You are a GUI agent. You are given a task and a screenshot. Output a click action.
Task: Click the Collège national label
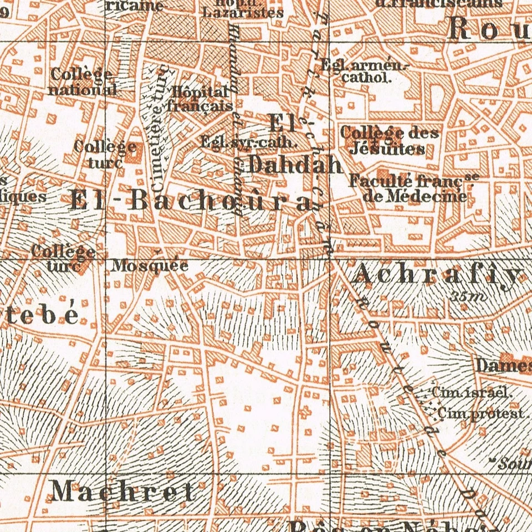pyautogui.click(x=82, y=81)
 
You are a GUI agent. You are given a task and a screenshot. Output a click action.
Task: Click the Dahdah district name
pyautogui.click(x=294, y=165)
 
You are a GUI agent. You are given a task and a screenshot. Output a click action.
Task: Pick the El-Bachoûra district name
pyautogui.click(x=188, y=201)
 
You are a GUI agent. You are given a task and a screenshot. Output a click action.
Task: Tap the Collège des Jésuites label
pyautogui.click(x=389, y=141)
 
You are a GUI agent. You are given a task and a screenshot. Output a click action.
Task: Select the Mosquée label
pyautogui.click(x=150, y=266)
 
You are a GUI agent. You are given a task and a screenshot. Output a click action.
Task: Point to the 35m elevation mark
pyautogui.click(x=469, y=296)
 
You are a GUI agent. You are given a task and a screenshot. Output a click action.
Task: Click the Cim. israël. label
pyautogui.click(x=470, y=392)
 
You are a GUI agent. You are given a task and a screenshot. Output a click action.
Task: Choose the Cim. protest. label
pyautogui.click(x=480, y=413)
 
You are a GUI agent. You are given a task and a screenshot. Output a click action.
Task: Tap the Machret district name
pyautogui.click(x=122, y=491)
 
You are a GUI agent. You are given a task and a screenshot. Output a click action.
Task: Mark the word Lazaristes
pyautogui.click(x=243, y=13)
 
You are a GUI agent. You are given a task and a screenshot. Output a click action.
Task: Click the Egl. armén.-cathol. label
pyautogui.click(x=366, y=71)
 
